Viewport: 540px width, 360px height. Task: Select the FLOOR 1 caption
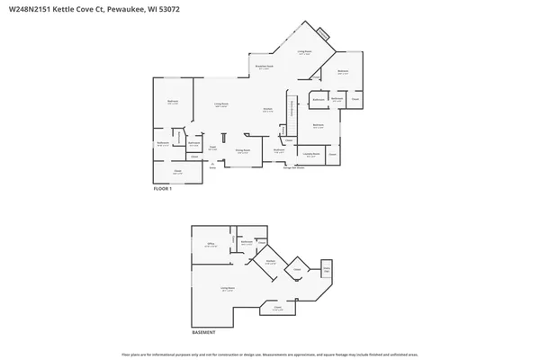(x=162, y=189)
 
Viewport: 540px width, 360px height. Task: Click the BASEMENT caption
(x=204, y=332)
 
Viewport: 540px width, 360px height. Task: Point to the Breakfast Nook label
(x=263, y=67)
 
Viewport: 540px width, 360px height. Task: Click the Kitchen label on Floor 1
(x=268, y=110)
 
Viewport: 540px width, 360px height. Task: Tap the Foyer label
(x=213, y=148)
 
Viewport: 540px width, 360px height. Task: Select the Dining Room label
(x=242, y=151)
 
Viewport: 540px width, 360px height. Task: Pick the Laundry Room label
(x=310, y=155)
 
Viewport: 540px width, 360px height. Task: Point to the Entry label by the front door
(x=213, y=166)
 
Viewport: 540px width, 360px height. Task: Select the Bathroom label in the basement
(x=246, y=242)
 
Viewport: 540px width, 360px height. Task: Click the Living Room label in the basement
(x=227, y=289)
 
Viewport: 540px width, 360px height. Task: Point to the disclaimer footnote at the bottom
(x=270, y=353)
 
